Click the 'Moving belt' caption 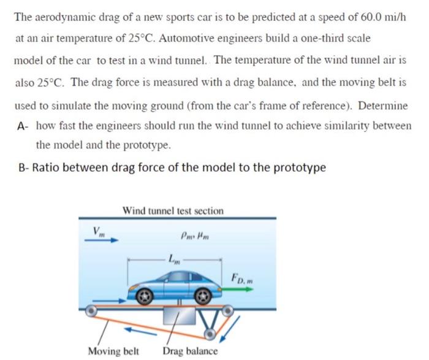113,351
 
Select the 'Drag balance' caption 190,351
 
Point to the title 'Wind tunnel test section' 173,210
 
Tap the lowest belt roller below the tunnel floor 211,333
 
